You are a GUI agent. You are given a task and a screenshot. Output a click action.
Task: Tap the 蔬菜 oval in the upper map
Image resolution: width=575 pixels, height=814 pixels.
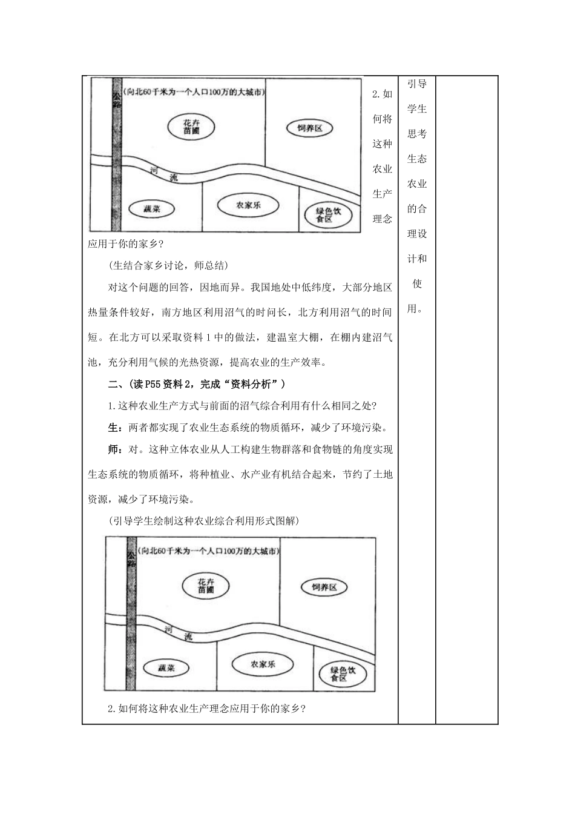(152, 209)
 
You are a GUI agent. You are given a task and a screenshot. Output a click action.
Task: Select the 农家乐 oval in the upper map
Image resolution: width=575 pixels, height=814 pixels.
(249, 205)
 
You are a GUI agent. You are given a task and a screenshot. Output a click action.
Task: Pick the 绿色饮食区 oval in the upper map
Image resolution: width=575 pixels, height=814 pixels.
(329, 214)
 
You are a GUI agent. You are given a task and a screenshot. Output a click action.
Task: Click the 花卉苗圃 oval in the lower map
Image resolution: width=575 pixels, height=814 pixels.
(206, 585)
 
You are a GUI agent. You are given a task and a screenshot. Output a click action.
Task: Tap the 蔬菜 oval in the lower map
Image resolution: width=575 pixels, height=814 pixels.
(166, 668)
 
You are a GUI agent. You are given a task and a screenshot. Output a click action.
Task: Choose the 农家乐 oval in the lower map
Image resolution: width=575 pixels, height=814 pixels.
(263, 664)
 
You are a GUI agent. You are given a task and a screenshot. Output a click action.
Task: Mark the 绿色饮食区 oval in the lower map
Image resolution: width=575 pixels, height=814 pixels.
(343, 674)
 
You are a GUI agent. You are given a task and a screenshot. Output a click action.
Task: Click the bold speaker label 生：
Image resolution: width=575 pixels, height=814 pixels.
(115, 428)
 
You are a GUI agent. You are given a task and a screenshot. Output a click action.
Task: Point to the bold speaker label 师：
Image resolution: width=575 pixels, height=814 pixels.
(115, 450)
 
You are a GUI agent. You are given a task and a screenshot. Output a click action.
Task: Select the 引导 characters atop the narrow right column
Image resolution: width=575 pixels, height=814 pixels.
(417, 84)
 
